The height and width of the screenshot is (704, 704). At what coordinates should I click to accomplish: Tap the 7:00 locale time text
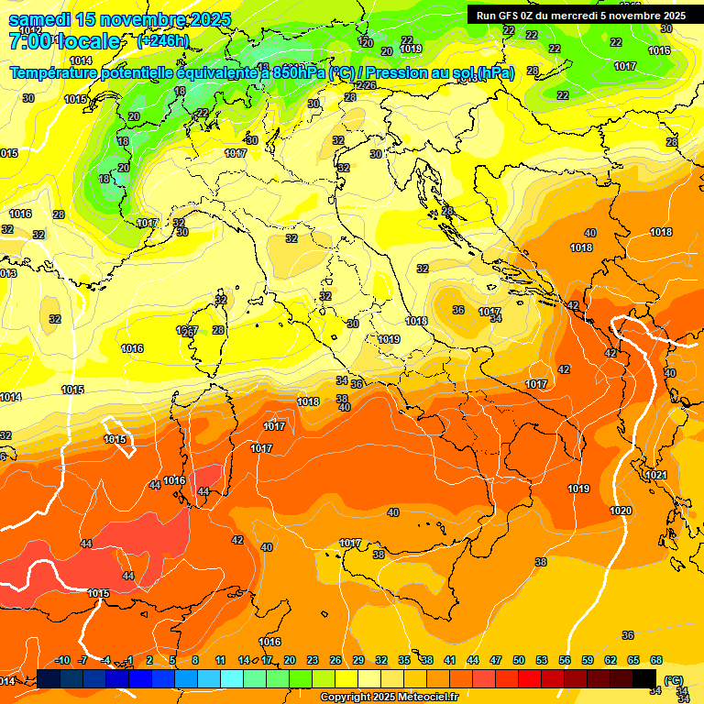(64, 41)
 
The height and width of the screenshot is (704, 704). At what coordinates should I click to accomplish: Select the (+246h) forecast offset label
(162, 41)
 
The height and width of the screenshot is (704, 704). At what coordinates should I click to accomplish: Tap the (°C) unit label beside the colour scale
(673, 680)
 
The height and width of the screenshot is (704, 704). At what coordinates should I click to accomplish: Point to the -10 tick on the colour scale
(62, 661)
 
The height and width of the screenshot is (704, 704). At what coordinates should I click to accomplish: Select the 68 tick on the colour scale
(656, 661)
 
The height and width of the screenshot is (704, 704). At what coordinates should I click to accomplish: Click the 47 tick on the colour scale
(496, 661)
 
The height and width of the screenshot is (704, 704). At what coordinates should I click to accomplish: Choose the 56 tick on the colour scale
(565, 661)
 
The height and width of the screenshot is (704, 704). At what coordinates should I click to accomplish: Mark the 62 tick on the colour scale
(610, 661)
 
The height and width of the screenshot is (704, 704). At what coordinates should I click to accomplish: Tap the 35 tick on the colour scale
(404, 661)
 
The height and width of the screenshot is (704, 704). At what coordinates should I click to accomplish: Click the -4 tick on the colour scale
(106, 661)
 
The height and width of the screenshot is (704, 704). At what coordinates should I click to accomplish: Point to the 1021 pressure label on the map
(656, 475)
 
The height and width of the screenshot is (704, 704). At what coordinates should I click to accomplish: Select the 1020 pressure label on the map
(621, 511)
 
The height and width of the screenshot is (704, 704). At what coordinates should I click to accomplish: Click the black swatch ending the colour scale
(644, 679)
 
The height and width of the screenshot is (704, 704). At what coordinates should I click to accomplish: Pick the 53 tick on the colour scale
(542, 661)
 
